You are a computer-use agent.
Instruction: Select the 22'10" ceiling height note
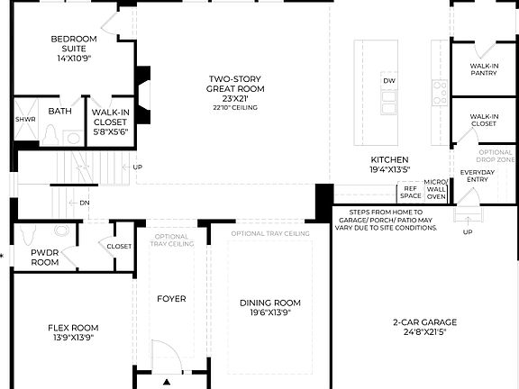[234, 108]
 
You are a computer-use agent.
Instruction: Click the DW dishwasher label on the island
[389, 81]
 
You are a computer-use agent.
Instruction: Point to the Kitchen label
[388, 159]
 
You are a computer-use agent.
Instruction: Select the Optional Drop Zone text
[496, 156]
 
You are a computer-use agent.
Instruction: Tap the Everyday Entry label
[478, 176]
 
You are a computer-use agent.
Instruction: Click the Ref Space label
[410, 192]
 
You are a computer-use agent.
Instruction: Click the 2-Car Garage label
[424, 321]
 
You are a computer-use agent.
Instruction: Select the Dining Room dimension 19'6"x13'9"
[270, 312]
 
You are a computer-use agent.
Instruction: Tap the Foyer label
[171, 298]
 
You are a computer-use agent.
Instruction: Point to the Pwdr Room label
[45, 258]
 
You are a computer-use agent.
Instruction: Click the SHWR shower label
[24, 119]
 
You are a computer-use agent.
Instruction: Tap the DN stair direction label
[84, 203]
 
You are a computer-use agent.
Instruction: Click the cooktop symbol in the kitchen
[440, 90]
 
